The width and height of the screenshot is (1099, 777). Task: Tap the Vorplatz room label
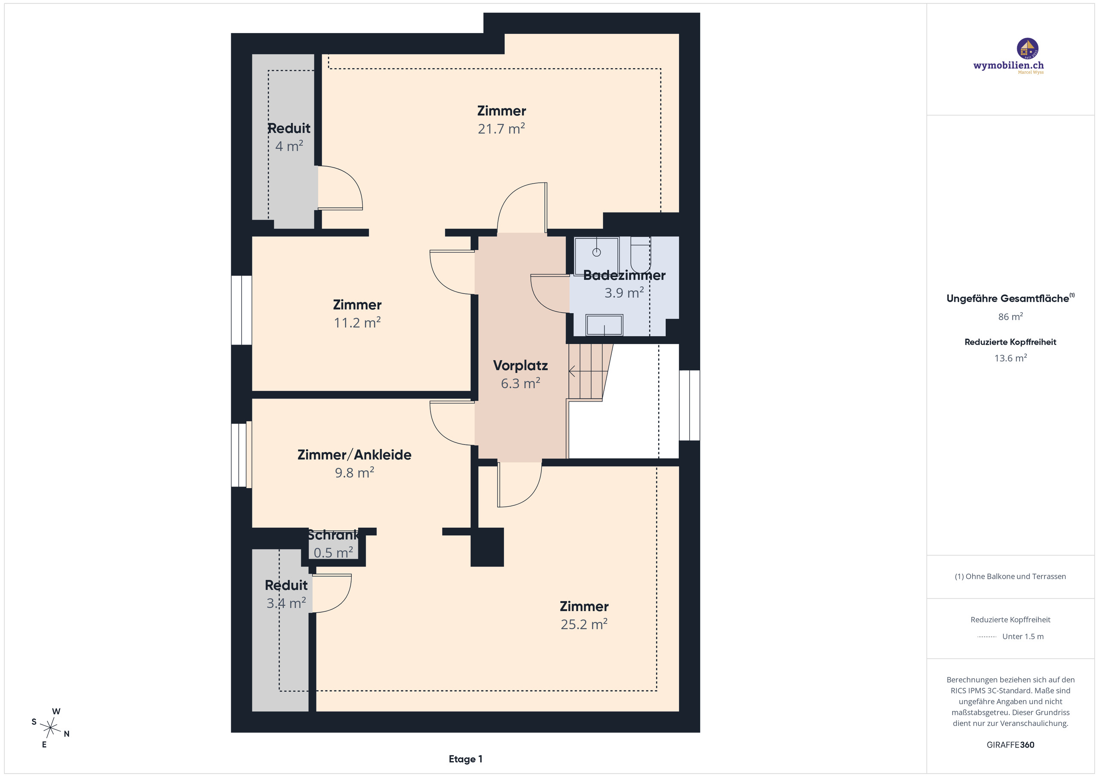pyautogui.click(x=520, y=366)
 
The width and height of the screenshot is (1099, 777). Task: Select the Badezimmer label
pyautogui.click(x=624, y=275)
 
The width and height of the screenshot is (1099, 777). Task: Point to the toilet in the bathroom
pyautogui.click(x=641, y=255)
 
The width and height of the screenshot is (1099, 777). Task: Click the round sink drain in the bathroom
pyautogui.click(x=596, y=252)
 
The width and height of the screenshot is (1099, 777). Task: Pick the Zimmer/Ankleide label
pyautogui.click(x=354, y=454)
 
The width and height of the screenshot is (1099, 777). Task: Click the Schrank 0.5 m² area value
pyautogui.click(x=333, y=553)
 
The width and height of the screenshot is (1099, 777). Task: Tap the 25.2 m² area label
pyautogui.click(x=584, y=624)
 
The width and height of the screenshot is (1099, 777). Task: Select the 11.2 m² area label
pyautogui.click(x=357, y=323)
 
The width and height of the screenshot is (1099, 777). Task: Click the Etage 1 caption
pyautogui.click(x=465, y=759)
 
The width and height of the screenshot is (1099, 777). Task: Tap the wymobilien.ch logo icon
pyautogui.click(x=1027, y=48)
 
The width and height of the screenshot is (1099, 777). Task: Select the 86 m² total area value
pyautogui.click(x=1011, y=317)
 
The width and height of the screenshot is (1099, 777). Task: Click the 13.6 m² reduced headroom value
pyautogui.click(x=1011, y=358)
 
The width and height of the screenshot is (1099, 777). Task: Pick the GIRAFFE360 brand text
pyautogui.click(x=1011, y=745)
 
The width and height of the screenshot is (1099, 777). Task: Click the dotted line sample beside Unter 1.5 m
pyautogui.click(x=987, y=637)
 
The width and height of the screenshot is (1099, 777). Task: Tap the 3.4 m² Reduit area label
pyautogui.click(x=286, y=603)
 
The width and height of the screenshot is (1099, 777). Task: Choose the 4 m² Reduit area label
pyautogui.click(x=289, y=146)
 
